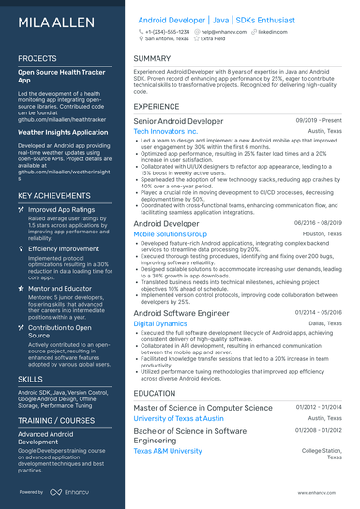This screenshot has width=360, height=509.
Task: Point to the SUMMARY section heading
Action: pyautogui.click(x=153, y=58)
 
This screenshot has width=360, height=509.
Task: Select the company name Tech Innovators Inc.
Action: pyautogui.click(x=166, y=132)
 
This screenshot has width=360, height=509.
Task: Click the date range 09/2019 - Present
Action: pyautogui.click(x=320, y=121)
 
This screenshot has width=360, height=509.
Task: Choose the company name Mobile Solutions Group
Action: pyautogui.click(x=171, y=234)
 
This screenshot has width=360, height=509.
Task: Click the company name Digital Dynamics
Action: pyautogui.click(x=160, y=322)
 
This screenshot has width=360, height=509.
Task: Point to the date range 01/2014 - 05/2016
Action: pyautogui.click(x=320, y=311)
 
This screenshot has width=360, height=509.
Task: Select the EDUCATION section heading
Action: pyautogui.click(x=156, y=394)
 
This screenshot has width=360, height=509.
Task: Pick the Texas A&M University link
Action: pyautogui.click(x=168, y=451)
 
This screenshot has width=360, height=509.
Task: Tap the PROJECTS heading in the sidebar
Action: pyautogui.click(x=37, y=58)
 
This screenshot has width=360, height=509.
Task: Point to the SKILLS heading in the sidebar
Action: pyautogui.click(x=30, y=377)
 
